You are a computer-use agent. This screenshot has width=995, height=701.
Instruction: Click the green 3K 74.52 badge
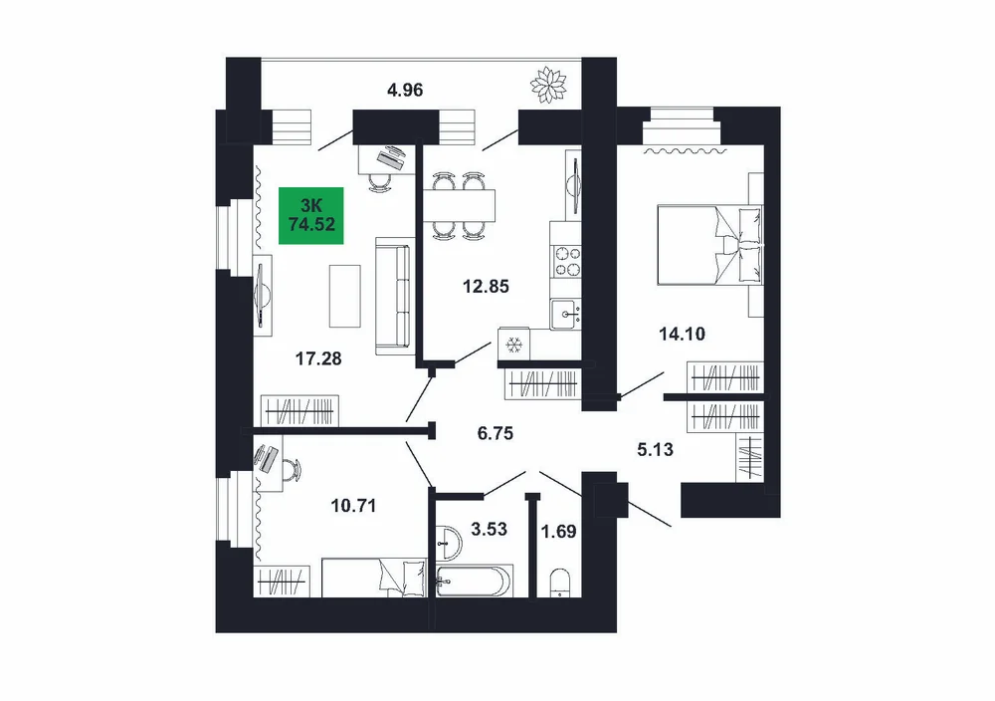click(310, 215)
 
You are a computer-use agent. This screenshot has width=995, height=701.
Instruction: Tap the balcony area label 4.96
click(405, 91)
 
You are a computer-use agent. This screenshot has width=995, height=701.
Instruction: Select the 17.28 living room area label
click(318, 358)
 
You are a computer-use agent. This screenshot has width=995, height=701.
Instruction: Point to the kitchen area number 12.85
click(486, 287)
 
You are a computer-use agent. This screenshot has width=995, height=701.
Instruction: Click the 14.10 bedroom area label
click(683, 334)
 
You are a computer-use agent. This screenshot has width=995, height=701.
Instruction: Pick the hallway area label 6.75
click(495, 433)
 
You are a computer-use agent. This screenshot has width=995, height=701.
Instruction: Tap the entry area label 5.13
click(655, 449)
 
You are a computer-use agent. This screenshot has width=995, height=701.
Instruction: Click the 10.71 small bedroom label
click(353, 506)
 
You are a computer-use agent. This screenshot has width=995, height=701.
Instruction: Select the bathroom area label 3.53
click(489, 529)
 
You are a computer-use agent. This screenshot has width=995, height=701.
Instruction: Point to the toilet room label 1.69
click(558, 531)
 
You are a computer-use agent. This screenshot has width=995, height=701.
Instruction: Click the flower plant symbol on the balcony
click(547, 85)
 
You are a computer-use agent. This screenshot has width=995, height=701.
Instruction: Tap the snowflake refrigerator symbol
click(513, 346)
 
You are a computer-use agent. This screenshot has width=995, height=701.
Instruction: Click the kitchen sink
click(565, 314)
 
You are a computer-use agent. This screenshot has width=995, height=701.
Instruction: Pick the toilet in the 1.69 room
click(559, 583)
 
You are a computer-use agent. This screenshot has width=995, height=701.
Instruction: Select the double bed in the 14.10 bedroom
click(710, 245)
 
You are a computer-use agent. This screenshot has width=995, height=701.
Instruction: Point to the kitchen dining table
click(458, 205)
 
